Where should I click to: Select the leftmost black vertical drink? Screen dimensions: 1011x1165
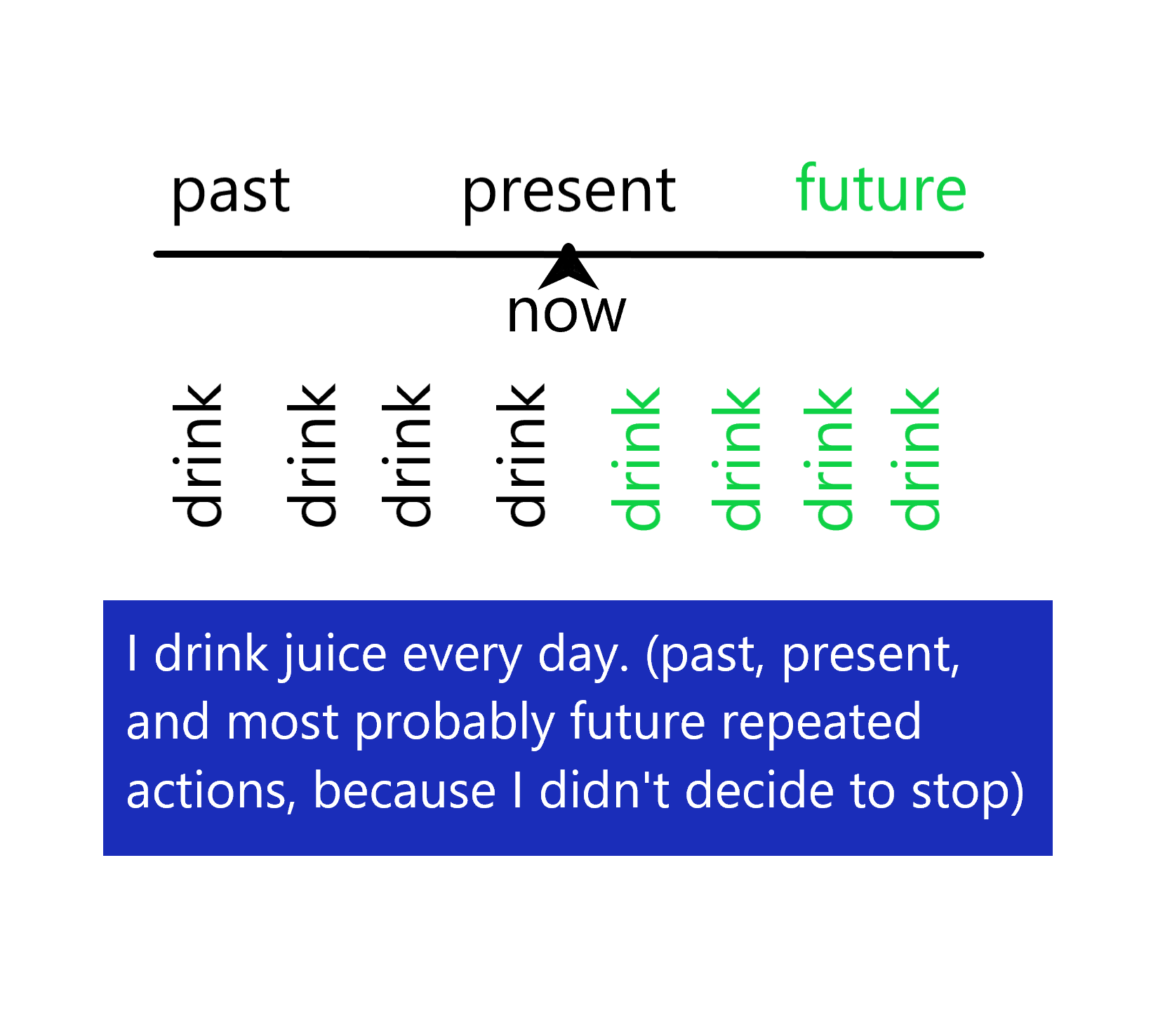point(198,455)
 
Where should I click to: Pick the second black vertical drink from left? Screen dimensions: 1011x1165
point(312,455)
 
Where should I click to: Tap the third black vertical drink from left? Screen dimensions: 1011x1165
point(406,455)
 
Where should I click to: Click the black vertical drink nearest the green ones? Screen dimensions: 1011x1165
point(521,455)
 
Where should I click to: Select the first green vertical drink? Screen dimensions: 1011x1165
point(636,458)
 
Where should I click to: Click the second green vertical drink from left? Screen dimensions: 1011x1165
point(736,458)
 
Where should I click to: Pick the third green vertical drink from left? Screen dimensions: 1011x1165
point(828,458)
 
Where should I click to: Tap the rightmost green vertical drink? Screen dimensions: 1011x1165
point(915,458)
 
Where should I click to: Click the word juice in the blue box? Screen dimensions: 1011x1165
point(335,655)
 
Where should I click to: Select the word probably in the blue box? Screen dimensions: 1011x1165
point(454,723)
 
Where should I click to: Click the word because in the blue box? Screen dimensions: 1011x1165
point(404,791)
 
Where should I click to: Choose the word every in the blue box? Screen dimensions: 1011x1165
point(462,655)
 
